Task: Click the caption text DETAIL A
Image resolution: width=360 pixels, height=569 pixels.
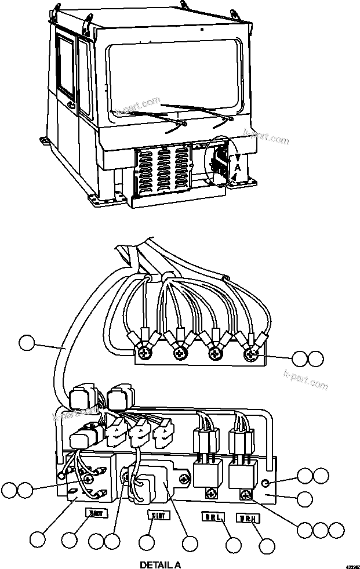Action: click(160, 564)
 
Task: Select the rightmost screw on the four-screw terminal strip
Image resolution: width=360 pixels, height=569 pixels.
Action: click(251, 352)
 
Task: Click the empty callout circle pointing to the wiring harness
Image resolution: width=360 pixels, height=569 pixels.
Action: click(27, 343)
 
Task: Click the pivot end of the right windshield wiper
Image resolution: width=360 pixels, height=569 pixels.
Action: click(231, 119)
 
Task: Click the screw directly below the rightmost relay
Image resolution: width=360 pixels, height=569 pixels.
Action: click(246, 494)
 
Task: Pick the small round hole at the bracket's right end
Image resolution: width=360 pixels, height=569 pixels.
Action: click(265, 483)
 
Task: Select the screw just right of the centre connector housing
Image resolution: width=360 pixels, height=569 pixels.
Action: click(184, 479)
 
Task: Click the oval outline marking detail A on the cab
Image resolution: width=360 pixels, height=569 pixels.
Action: click(219, 160)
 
